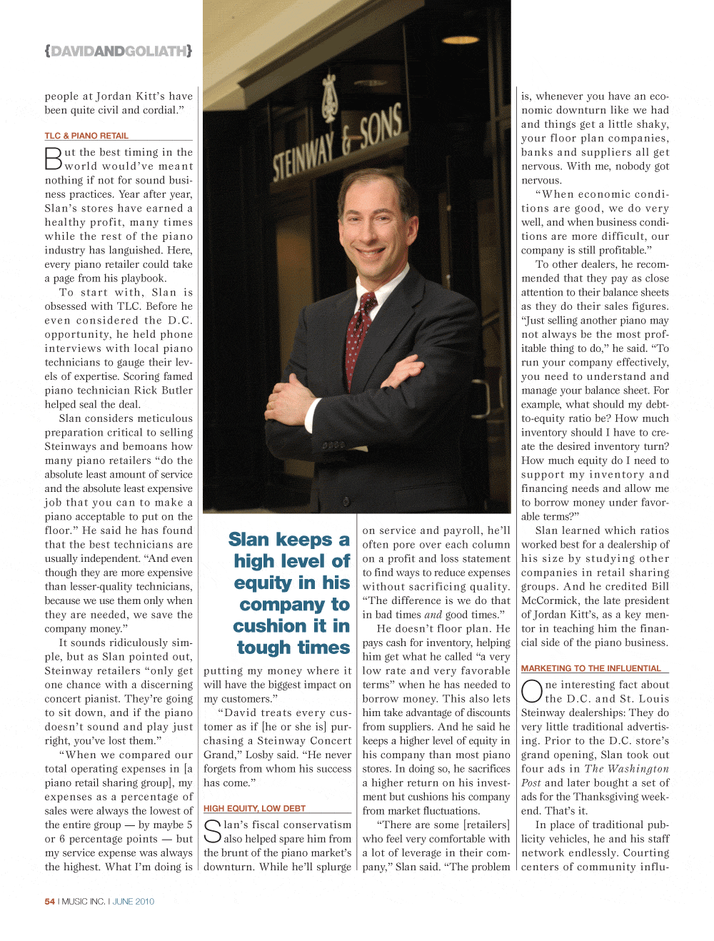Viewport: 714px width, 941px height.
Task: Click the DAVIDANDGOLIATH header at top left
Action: click(118, 51)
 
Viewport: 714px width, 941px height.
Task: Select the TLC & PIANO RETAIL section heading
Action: click(86, 136)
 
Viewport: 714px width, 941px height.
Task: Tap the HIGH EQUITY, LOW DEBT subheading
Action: click(254, 808)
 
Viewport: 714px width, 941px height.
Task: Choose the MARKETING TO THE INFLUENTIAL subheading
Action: click(591, 668)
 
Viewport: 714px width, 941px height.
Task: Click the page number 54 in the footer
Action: click(50, 902)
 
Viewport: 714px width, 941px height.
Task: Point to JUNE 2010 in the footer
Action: click(134, 902)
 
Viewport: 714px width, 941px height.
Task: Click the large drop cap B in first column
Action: click(54, 158)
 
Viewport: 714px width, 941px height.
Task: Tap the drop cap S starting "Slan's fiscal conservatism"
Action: click(213, 831)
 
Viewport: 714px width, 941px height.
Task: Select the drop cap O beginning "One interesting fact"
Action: click(532, 691)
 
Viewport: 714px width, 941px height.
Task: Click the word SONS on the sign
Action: click(381, 130)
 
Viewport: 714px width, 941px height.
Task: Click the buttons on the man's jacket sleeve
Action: click(333, 445)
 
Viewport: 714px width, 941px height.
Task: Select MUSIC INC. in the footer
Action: click(84, 902)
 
